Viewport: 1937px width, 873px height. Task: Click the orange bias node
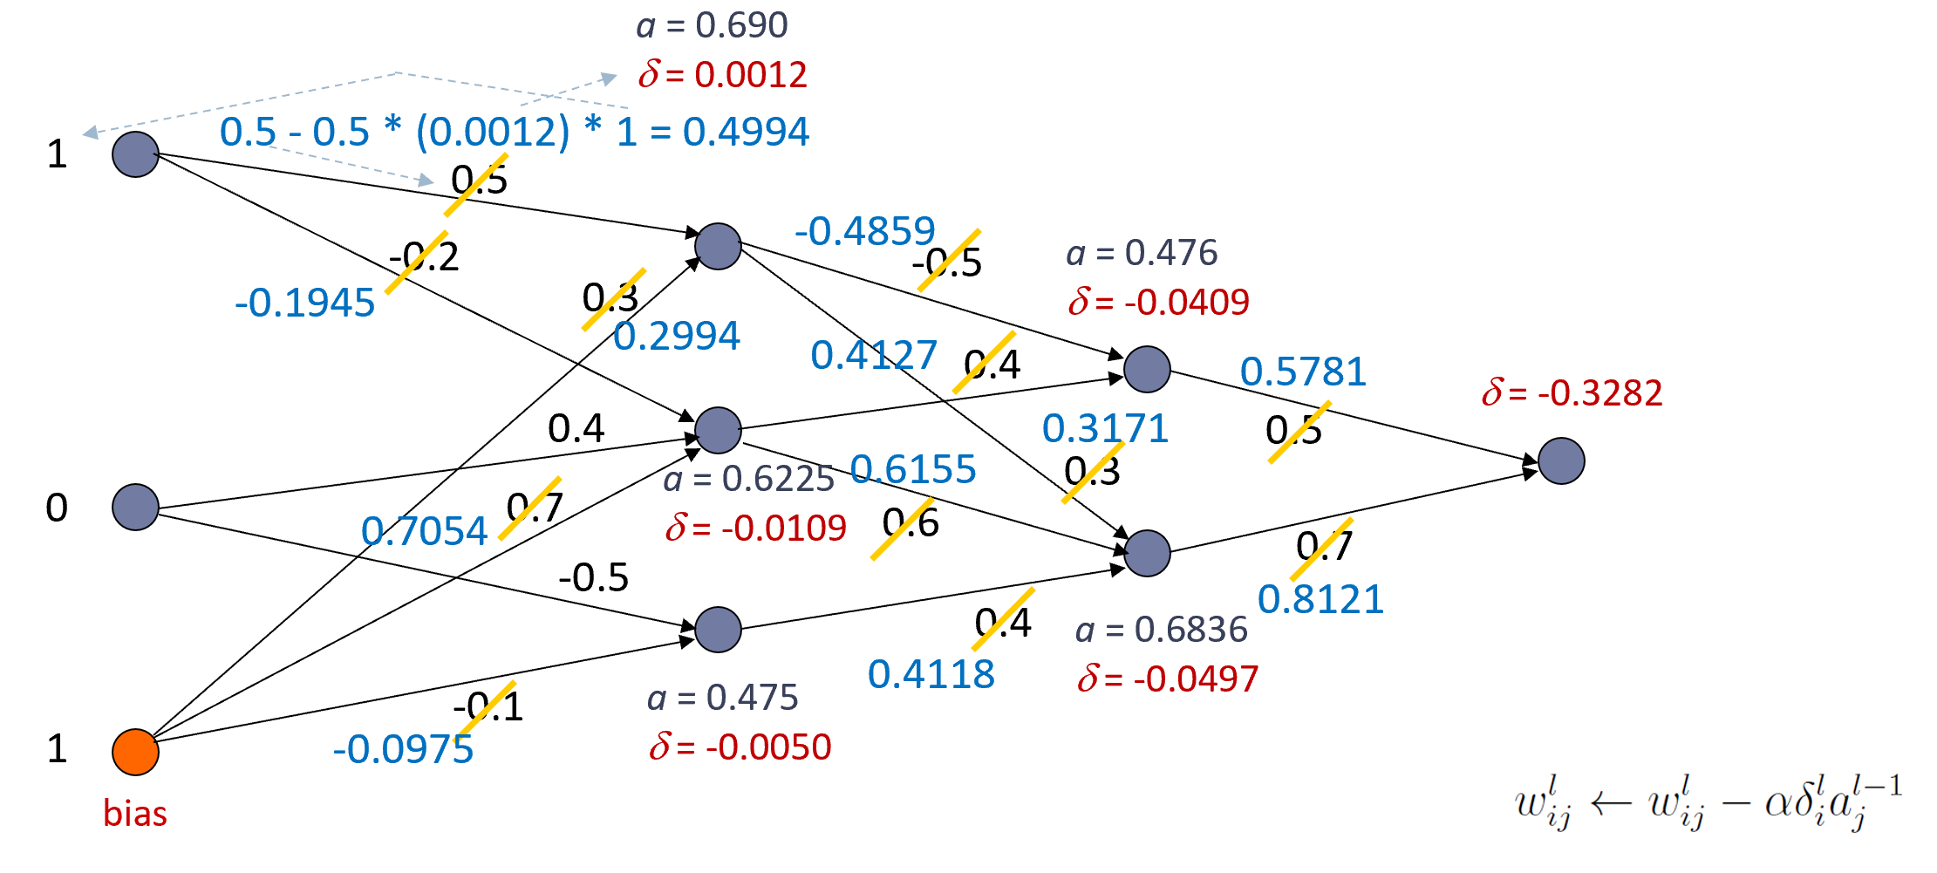(x=135, y=752)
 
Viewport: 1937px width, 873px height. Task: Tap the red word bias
(x=135, y=814)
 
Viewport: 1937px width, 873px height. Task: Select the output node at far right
(x=1561, y=460)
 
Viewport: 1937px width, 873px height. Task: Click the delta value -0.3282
(x=1572, y=392)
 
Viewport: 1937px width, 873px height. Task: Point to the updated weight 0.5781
(x=1303, y=372)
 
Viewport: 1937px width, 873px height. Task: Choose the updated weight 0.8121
(x=1320, y=599)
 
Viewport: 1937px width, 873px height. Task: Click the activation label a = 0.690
(x=712, y=25)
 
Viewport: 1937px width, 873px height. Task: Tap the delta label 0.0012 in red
(x=723, y=74)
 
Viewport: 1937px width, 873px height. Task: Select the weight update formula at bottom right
(x=1708, y=802)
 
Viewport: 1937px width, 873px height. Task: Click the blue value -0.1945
(x=305, y=304)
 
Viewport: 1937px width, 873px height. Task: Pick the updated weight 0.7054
(x=424, y=531)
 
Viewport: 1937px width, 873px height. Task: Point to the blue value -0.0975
(x=403, y=750)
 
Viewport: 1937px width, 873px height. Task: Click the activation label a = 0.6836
(x=1161, y=629)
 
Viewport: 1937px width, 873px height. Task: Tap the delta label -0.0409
(x=1159, y=302)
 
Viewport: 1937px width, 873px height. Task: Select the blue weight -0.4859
(x=864, y=231)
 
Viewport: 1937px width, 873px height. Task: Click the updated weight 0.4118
(x=931, y=674)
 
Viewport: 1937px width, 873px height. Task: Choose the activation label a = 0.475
(x=722, y=697)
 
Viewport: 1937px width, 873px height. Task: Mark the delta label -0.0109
(x=756, y=528)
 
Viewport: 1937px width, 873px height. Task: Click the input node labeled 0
(x=135, y=507)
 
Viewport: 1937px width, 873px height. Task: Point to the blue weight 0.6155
(x=913, y=469)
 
